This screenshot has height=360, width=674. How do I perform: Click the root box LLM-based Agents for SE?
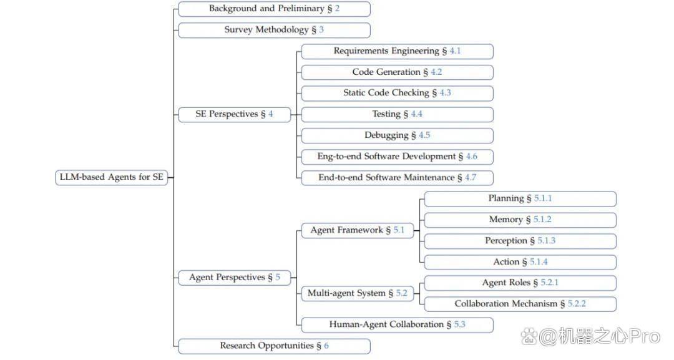coord(111,177)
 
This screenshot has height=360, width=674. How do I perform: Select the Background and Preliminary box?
coord(274,9)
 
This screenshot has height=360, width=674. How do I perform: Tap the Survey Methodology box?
coord(274,30)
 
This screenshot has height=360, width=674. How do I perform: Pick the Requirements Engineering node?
coord(397,51)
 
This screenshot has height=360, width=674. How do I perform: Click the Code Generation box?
coord(397,72)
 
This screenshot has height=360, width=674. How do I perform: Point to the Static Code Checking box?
coord(397,93)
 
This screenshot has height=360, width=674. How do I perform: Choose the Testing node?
coord(397,114)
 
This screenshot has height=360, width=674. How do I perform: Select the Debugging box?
coord(397,135)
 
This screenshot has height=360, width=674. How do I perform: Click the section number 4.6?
coord(472,157)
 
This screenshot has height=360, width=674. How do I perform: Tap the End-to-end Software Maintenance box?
coord(397,177)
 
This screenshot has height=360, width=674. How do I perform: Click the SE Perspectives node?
coord(234,114)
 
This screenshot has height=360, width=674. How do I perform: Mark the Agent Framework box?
coord(358,230)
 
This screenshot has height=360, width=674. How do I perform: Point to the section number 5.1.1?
coord(543,198)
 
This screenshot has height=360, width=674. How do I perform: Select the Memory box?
coord(520,220)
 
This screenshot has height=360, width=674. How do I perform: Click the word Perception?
coord(506,241)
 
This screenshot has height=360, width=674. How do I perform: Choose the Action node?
coord(520,261)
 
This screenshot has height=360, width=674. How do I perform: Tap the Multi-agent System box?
coord(358,293)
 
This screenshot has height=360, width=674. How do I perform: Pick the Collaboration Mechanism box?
coord(520,304)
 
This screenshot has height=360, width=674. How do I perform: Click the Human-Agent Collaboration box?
coord(397,325)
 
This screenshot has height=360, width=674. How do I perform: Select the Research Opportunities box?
coord(274,346)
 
